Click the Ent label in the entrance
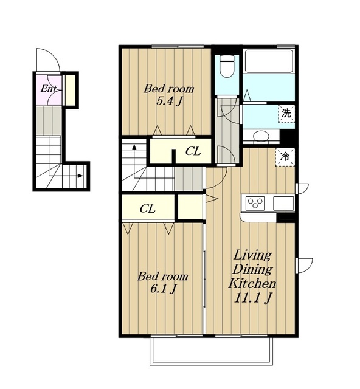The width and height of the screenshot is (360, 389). pyautogui.click(x=49, y=89)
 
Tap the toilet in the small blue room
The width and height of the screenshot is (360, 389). pyautogui.click(x=227, y=66)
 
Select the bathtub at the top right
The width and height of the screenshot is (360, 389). pyautogui.click(x=269, y=61)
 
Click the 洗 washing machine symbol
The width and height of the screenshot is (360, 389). pyautogui.click(x=286, y=114)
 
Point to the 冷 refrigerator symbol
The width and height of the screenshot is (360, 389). pyautogui.click(x=285, y=157)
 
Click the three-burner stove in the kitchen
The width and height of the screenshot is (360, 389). pyautogui.click(x=255, y=202)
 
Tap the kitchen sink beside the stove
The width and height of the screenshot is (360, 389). pyautogui.click(x=283, y=203)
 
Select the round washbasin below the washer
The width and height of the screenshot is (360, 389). pyautogui.click(x=261, y=136)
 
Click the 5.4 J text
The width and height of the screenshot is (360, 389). pyautogui.click(x=170, y=102)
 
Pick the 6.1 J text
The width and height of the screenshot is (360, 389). pyautogui.click(x=163, y=289)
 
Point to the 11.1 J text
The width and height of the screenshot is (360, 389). pyautogui.click(x=252, y=298)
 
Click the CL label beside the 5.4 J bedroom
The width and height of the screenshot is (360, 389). pyautogui.click(x=193, y=151)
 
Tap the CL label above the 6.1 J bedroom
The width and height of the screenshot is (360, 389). pyautogui.click(x=148, y=208)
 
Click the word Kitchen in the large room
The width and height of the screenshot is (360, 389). pyautogui.click(x=252, y=284)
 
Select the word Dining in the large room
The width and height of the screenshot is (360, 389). pyautogui.click(x=252, y=269)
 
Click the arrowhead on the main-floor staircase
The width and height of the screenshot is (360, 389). pyautogui.click(x=134, y=146)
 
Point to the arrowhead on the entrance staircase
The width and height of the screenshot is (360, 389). pyautogui.click(x=80, y=176)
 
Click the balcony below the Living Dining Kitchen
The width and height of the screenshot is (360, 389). pyautogui.click(x=211, y=351)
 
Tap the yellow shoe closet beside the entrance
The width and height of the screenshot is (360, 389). pyautogui.click(x=70, y=89)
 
